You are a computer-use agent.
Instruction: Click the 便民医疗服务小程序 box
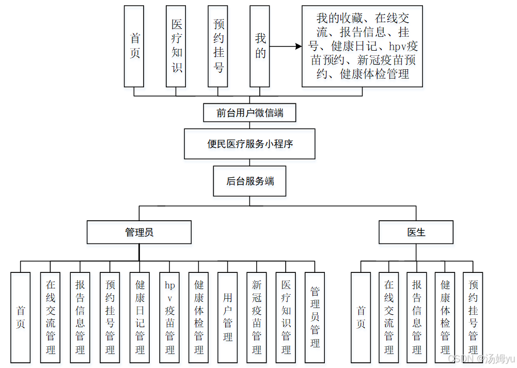pos(249,144)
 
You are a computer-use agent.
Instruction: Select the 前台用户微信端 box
pos(249,113)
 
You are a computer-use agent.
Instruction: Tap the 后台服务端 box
pos(249,181)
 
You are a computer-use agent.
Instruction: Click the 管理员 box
pos(139,232)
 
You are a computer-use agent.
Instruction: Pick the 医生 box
pos(416,232)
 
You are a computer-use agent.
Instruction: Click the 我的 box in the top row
pos(260,46)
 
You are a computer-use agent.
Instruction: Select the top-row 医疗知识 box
pos(176,46)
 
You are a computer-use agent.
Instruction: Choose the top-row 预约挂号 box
pos(218,46)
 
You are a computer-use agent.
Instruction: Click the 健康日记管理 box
pos(139,317)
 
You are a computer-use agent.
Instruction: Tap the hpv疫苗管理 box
pos(169,317)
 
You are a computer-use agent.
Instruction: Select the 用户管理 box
pos(228,317)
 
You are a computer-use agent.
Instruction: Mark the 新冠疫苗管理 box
pos(257,317)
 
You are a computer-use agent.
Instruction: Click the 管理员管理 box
pos(315,317)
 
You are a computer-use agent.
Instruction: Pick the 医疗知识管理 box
pos(286,317)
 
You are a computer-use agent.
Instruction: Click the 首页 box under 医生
pos(361,317)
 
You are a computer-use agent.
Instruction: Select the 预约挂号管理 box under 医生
pos(473,317)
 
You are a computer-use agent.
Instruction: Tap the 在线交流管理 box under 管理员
pos(50,317)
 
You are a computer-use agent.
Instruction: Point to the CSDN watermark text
pos(481,359)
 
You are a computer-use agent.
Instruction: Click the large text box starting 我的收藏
pos(362,46)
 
